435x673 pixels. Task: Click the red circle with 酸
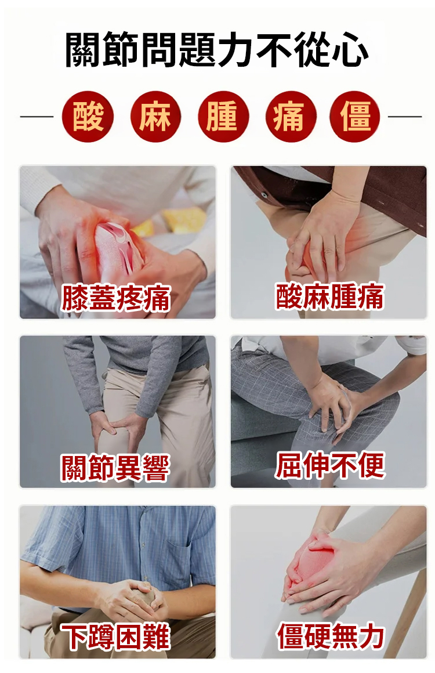88,116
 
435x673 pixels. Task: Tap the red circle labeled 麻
155,116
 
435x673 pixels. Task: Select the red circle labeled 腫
223,116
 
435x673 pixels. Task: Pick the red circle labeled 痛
291,116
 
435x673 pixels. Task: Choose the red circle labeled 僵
355,116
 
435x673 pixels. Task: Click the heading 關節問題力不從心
217,50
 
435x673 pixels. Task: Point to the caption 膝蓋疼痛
116,298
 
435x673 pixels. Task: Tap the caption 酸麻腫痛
329,296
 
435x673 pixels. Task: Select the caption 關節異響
115,468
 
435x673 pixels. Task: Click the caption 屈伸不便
330,465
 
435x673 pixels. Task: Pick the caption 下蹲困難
115,637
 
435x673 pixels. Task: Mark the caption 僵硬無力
331,636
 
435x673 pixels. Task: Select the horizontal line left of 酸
37,116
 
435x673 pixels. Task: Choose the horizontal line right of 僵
405,116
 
